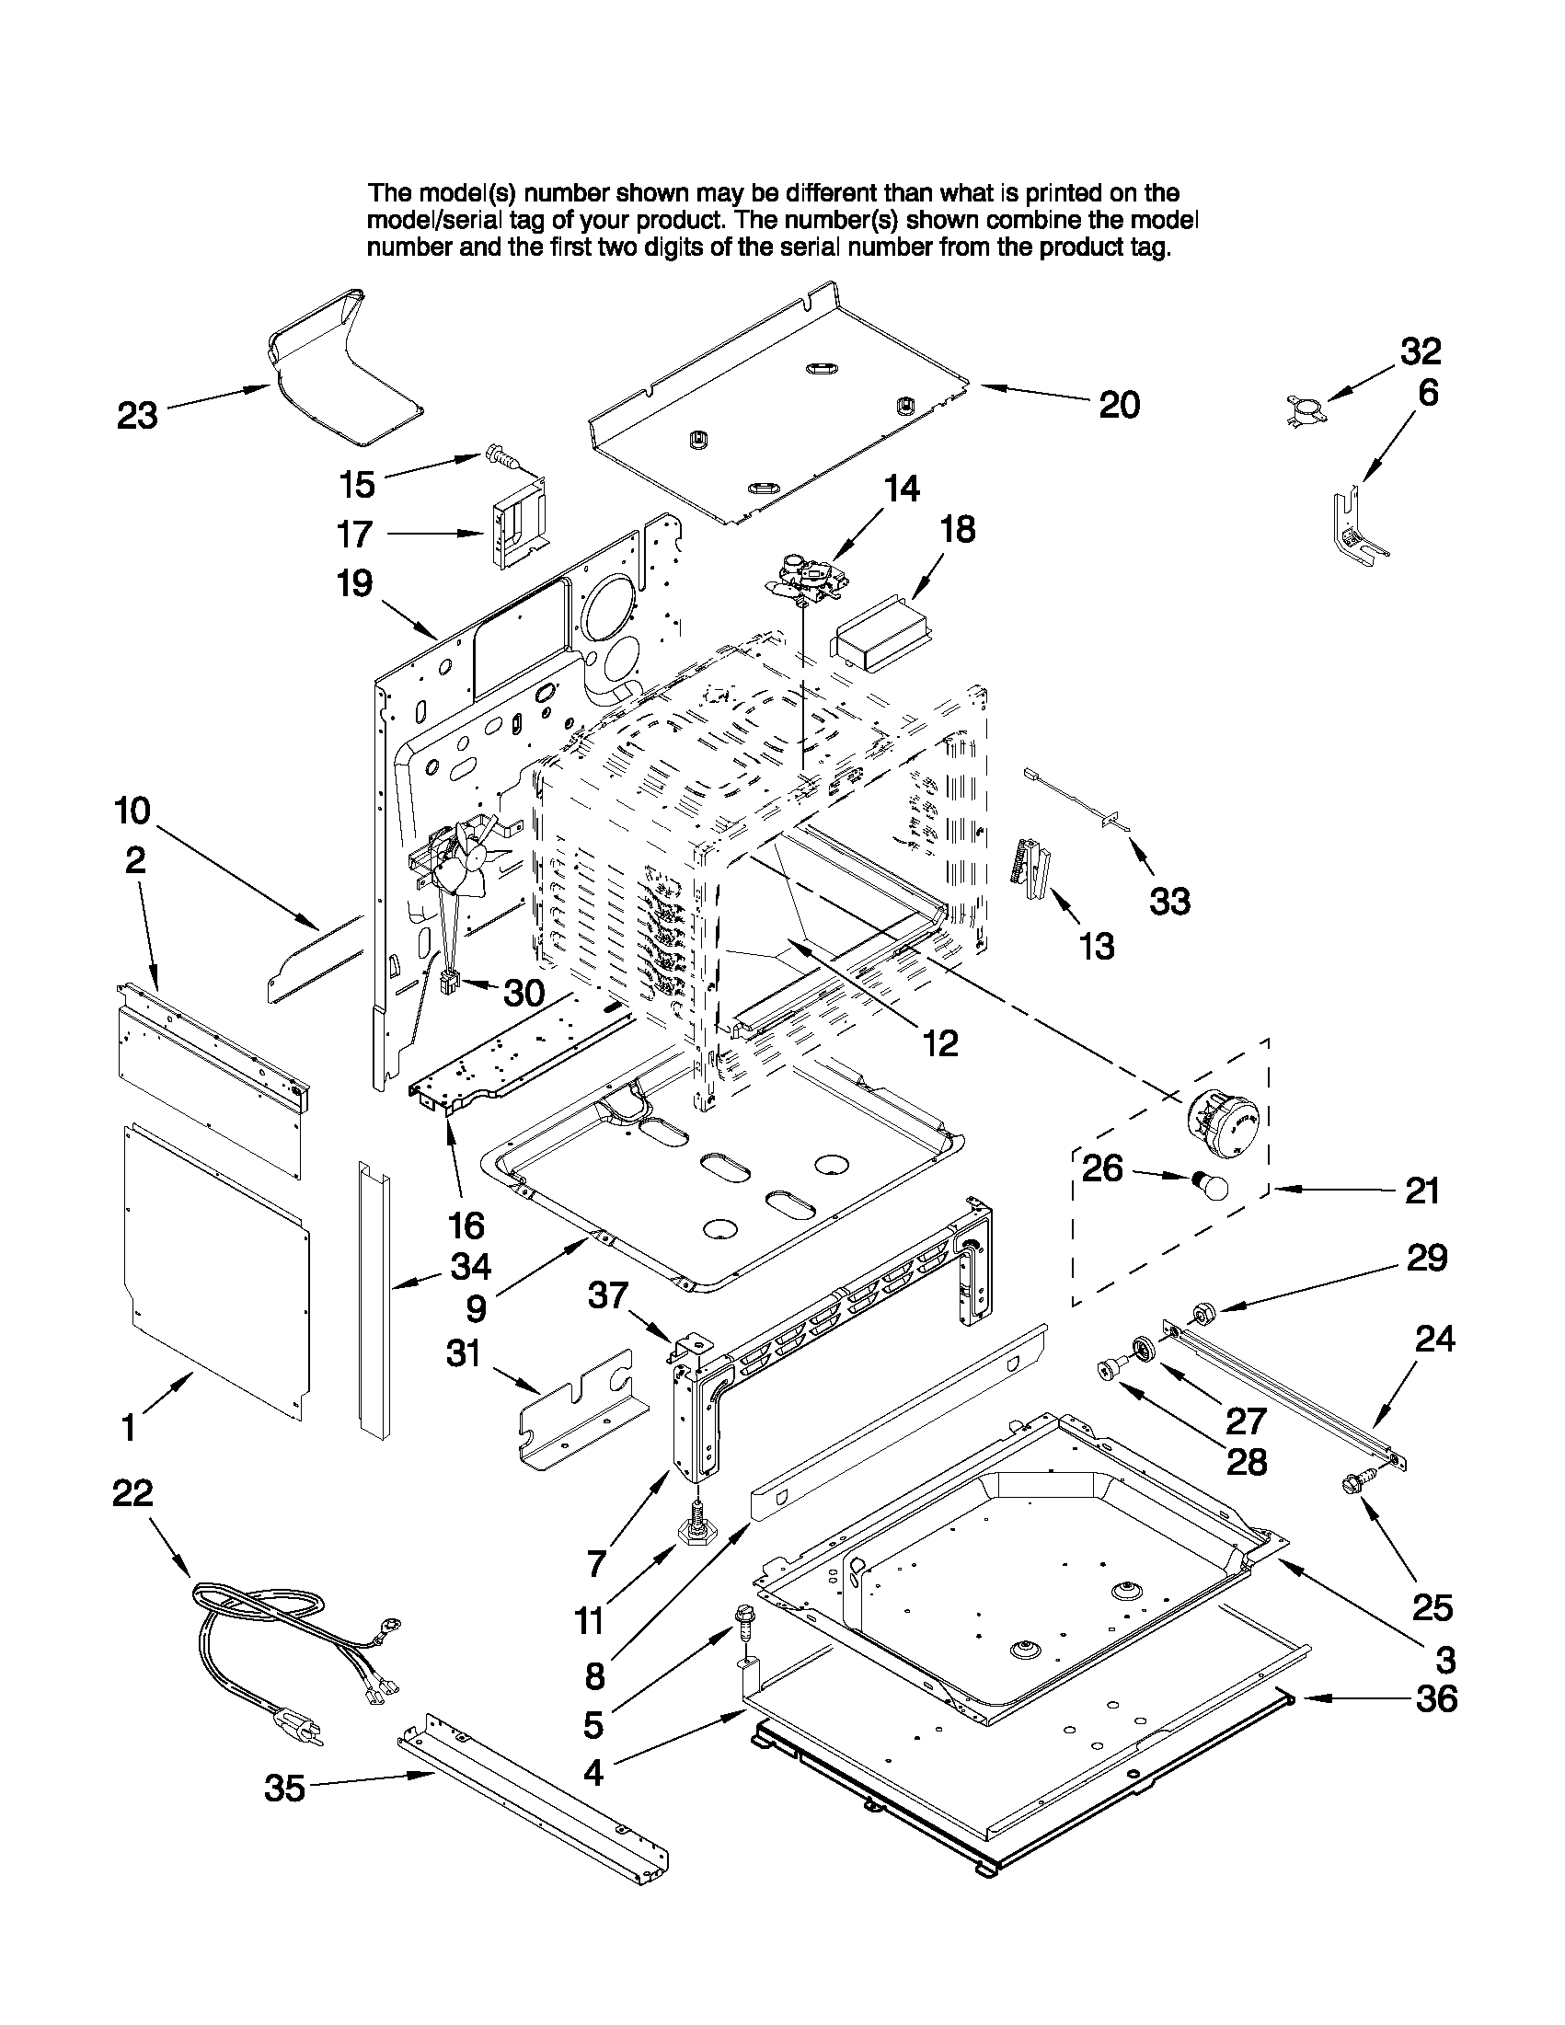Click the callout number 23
point(137,415)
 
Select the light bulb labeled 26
point(1208,1185)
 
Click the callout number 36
point(1436,1698)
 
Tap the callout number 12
point(939,1043)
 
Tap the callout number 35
point(284,1789)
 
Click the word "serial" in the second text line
point(482,221)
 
